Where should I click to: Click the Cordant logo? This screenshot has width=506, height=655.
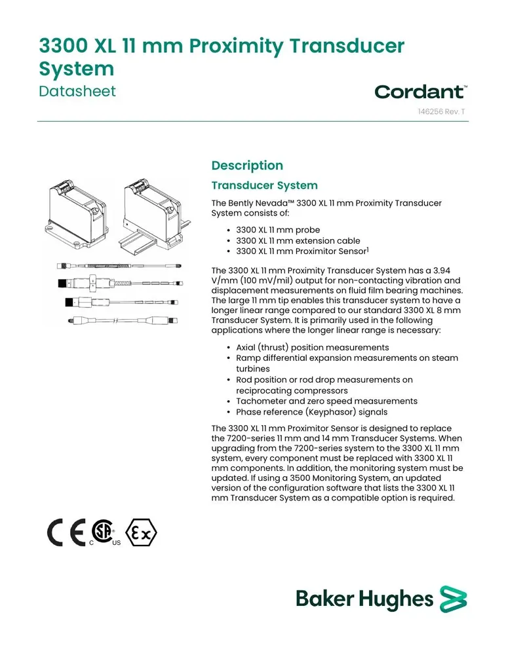(421, 92)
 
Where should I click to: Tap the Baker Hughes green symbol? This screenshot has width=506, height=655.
(454, 599)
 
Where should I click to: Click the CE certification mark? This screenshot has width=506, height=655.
(66, 533)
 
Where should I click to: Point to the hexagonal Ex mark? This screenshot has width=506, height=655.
(142, 533)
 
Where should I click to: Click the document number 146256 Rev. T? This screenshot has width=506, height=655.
(441, 111)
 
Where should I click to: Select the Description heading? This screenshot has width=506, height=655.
(247, 166)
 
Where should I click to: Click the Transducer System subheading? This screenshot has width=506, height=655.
(264, 185)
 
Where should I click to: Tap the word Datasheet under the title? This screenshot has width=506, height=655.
(77, 91)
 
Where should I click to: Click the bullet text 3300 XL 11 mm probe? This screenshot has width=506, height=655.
(278, 230)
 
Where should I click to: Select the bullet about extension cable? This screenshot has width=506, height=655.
(298, 240)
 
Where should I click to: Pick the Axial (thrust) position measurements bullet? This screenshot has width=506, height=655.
(313, 348)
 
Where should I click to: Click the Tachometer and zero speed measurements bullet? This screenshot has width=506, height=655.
(326, 401)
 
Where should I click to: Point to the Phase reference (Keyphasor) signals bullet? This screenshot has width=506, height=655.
(311, 412)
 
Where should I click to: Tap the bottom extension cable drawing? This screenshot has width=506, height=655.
(123, 320)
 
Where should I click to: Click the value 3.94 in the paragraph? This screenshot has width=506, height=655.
(442, 271)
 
